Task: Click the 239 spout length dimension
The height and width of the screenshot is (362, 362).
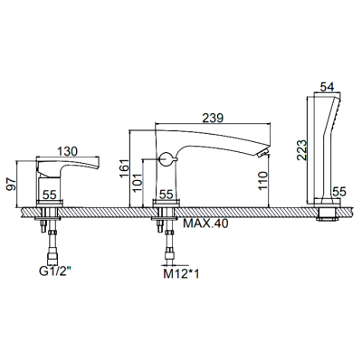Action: tap(213, 119)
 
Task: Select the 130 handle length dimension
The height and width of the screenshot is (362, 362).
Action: tap(67, 151)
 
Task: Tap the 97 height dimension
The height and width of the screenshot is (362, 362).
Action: tap(12, 184)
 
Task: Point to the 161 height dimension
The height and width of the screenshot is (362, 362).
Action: tap(124, 167)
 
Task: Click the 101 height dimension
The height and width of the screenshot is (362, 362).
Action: tap(138, 183)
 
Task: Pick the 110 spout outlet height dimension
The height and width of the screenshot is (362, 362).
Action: tap(262, 180)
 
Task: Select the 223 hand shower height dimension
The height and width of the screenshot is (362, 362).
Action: tap(301, 150)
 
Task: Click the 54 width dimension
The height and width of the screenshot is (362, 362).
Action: tap(327, 87)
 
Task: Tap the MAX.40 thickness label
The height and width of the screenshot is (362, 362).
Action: tap(206, 224)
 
